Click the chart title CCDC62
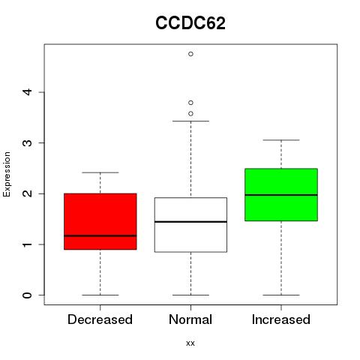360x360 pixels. [x=190, y=23]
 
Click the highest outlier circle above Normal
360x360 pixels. [x=190, y=54]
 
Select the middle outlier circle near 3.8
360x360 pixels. [x=190, y=103]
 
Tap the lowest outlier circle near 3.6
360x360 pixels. [x=190, y=114]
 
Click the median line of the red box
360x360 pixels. [x=100, y=235]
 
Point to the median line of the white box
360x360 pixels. [x=190, y=222]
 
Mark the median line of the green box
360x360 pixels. [x=281, y=195]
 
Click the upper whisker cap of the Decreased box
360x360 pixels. [x=100, y=172]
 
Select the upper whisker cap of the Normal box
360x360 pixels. [x=190, y=121]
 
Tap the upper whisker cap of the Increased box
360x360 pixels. [x=281, y=140]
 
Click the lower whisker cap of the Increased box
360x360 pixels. [x=281, y=295]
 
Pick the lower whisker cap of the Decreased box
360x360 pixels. [x=100, y=295]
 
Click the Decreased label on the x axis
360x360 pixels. [x=100, y=319]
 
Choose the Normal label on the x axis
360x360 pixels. [x=190, y=319]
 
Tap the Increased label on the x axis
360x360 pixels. [x=281, y=319]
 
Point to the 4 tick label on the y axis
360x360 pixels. [x=27, y=92]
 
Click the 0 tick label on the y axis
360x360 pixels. [x=27, y=295]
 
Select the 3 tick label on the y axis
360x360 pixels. [x=27, y=142]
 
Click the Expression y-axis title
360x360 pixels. [x=7, y=174]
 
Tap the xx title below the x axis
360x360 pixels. [x=190, y=343]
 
